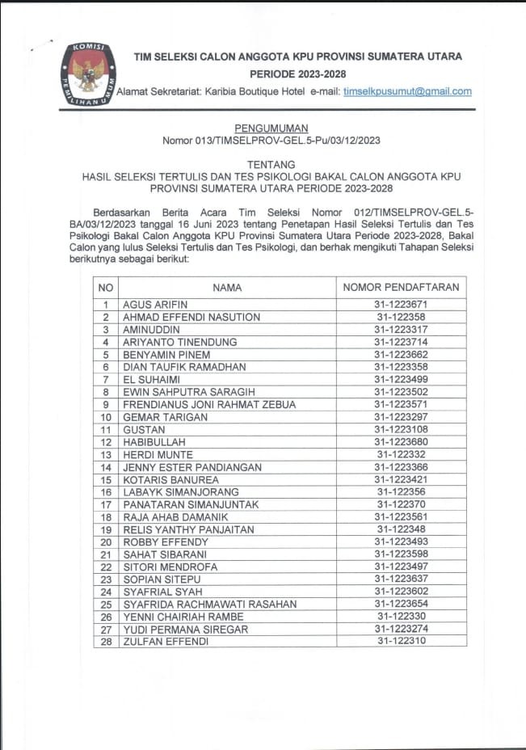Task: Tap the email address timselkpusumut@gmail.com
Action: [407, 91]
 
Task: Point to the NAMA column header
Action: [227, 287]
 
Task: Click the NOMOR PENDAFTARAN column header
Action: [401, 287]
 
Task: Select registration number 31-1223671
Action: [401, 305]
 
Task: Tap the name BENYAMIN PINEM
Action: [166, 354]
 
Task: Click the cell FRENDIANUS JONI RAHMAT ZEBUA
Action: [208, 404]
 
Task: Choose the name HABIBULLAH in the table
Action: [154, 442]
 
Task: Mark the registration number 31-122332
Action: [401, 454]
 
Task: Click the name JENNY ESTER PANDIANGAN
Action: [192, 467]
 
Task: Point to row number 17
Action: [106, 504]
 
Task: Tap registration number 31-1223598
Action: [401, 554]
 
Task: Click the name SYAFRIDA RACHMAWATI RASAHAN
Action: [209, 604]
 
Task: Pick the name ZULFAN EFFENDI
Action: [165, 641]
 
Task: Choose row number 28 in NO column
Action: [106, 641]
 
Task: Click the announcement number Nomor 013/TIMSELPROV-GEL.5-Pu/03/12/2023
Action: [271, 140]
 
